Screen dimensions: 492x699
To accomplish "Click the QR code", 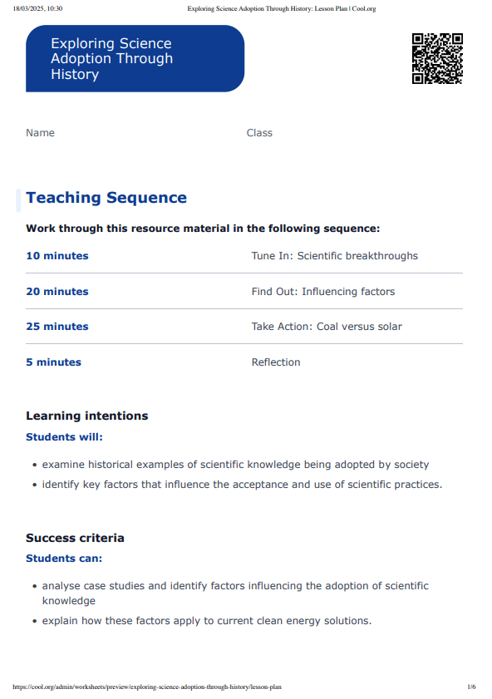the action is pos(437,58).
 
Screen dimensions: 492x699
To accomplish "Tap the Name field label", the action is pos(40,133).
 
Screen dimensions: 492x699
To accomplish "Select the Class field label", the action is pos(259,133).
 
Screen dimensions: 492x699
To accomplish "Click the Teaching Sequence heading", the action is pos(106,198).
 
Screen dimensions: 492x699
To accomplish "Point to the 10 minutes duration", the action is pos(57,256).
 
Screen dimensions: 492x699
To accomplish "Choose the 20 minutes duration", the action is pos(57,292).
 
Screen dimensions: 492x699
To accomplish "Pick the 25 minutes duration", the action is pos(57,327).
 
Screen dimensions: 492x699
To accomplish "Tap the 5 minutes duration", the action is pos(53,362).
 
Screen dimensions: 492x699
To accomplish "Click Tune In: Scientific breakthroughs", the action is pos(334,256).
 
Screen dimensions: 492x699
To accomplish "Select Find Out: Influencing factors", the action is pos(322,292).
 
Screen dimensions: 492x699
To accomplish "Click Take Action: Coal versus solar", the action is pos(327,327).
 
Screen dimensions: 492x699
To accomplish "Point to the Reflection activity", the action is pos(276,362).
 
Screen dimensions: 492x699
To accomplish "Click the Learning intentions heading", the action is pos(87,416).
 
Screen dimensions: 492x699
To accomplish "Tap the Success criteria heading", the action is pos(75,538).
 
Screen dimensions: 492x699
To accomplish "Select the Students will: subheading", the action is pos(64,436).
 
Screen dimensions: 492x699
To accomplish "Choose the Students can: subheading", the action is pos(64,559).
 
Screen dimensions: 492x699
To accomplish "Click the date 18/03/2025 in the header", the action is pos(31,8).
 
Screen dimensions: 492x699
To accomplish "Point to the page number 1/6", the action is pos(471,687).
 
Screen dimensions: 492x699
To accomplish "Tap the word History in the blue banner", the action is pos(75,75).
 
